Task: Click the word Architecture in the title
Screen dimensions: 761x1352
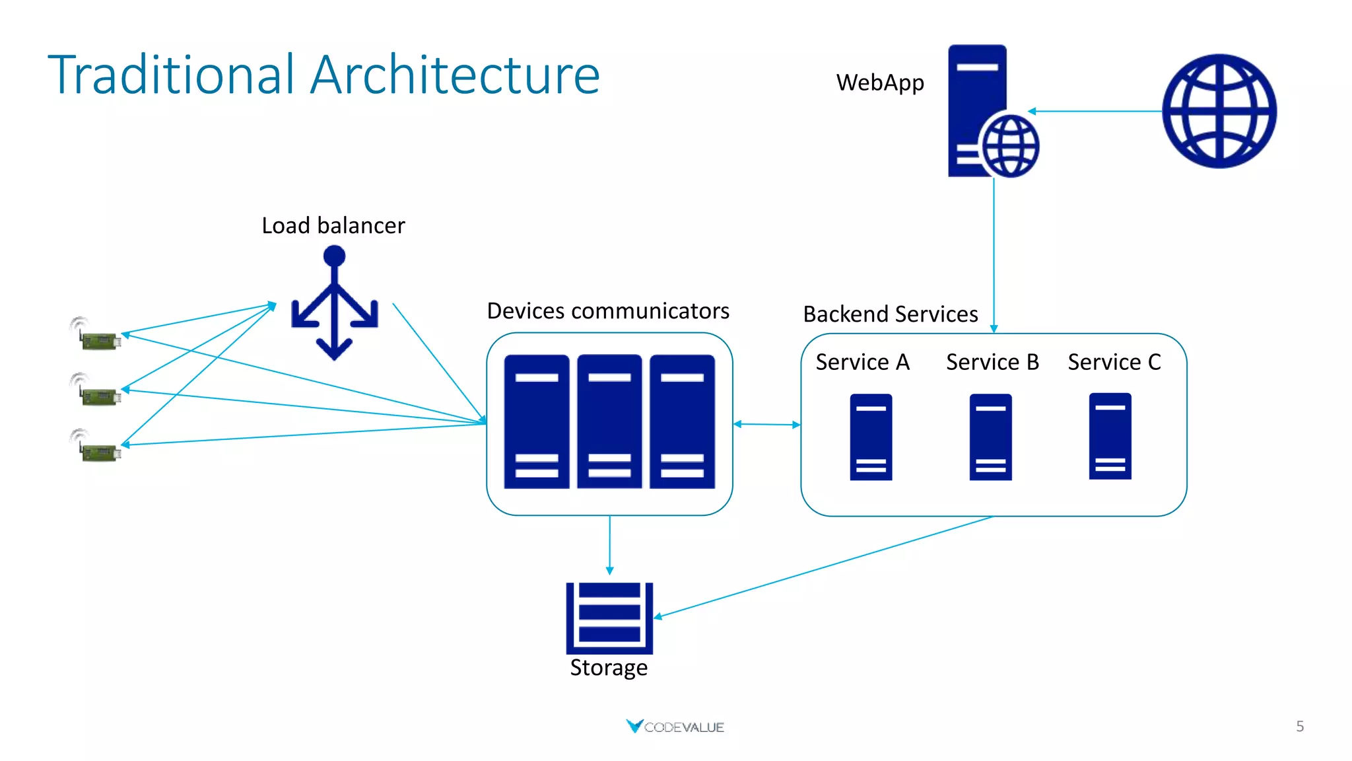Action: [x=455, y=75]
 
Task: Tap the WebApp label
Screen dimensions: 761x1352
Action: [x=879, y=83]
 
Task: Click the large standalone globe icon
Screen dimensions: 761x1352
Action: [x=1219, y=111]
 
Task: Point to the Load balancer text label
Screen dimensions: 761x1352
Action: [x=333, y=226]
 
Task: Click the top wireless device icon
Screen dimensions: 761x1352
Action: [x=96, y=334]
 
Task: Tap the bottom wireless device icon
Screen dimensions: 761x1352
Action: [x=96, y=446]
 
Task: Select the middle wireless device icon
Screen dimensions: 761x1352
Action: [x=96, y=390]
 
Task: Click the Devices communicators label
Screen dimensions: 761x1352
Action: [x=607, y=311]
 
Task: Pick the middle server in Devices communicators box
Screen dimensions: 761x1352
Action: [x=609, y=421]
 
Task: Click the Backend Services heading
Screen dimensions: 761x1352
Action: [x=890, y=314]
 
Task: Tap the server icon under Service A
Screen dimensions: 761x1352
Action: [x=871, y=437]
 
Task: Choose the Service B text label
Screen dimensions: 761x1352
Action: [x=992, y=362]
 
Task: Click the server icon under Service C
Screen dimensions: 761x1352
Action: [x=1110, y=436]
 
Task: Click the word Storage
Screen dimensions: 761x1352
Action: [x=608, y=668]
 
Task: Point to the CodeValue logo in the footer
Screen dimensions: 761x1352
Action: [x=675, y=727]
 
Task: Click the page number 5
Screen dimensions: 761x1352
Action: [x=1299, y=727]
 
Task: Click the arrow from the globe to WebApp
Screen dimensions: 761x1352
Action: [x=1096, y=111]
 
